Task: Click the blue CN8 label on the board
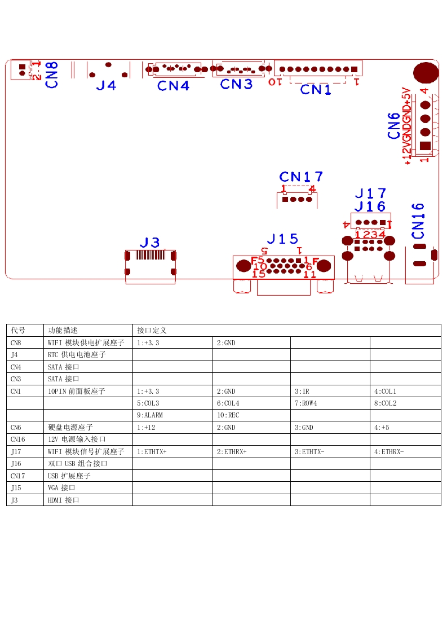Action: pos(52,75)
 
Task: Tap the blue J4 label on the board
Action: pos(106,85)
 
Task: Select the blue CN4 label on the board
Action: pos(173,86)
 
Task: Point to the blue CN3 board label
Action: pos(236,84)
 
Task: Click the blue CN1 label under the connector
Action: pos(316,89)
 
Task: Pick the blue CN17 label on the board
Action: pos(301,177)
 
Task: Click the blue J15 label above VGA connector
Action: pos(282,239)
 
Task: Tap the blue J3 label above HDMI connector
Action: pos(150,243)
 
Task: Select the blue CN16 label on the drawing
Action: pos(418,221)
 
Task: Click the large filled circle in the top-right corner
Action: pos(426,73)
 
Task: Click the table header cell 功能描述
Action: pos(63,331)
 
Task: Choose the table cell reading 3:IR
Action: pos(302,392)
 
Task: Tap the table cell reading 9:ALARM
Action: pos(149,415)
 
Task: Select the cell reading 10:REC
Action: pos(228,415)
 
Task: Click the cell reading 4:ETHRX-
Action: pos(389,452)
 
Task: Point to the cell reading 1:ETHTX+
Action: pos(152,452)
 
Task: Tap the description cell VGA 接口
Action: pos(61,488)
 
